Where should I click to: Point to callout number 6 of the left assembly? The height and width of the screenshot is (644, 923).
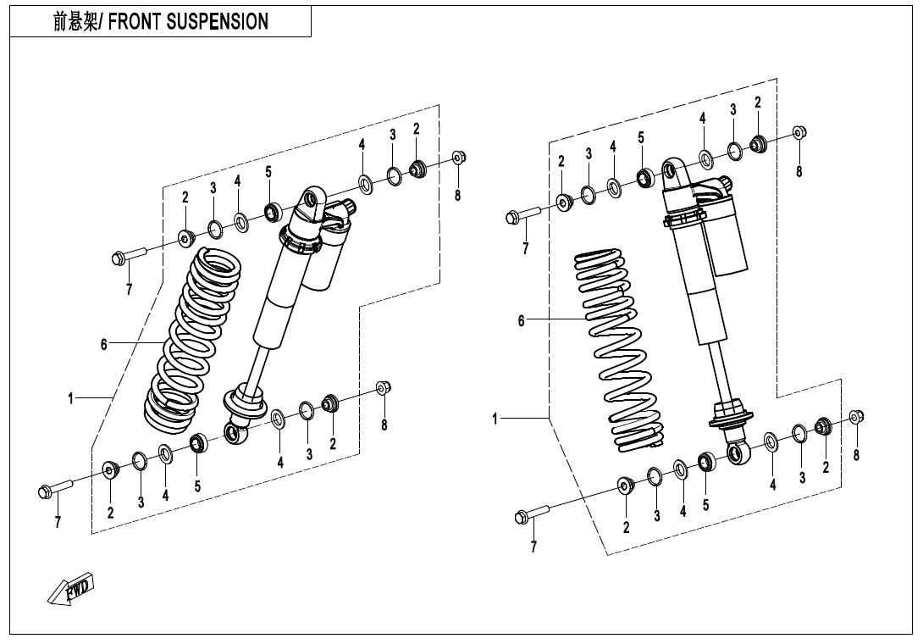pyautogui.click(x=104, y=344)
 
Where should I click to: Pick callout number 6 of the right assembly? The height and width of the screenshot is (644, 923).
pyautogui.click(x=522, y=320)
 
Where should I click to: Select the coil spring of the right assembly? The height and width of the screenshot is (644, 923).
pyautogui.click(x=618, y=347)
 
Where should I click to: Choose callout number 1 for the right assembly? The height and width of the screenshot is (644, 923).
pyautogui.click(x=497, y=419)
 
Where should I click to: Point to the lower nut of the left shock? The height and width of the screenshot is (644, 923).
pyautogui.click(x=382, y=387)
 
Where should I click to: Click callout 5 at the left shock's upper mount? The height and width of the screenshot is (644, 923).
pyautogui.click(x=268, y=172)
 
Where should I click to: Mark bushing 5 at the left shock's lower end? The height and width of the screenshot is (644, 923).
pyautogui.click(x=198, y=441)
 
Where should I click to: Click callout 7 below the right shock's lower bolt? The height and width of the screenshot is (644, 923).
pyautogui.click(x=533, y=547)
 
